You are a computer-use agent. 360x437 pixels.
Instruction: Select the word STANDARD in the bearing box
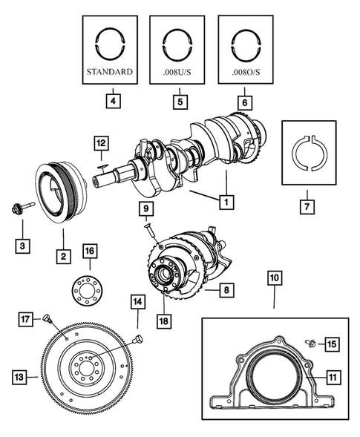tap(110, 73)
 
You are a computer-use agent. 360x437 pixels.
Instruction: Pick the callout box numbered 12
tap(101, 141)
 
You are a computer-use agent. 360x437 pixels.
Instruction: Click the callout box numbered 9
tap(147, 209)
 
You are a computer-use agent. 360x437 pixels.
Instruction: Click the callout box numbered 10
tap(274, 278)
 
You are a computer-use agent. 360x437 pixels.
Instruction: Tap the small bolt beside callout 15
tap(312, 344)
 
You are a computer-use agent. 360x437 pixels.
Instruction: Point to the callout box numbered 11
tap(333, 378)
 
